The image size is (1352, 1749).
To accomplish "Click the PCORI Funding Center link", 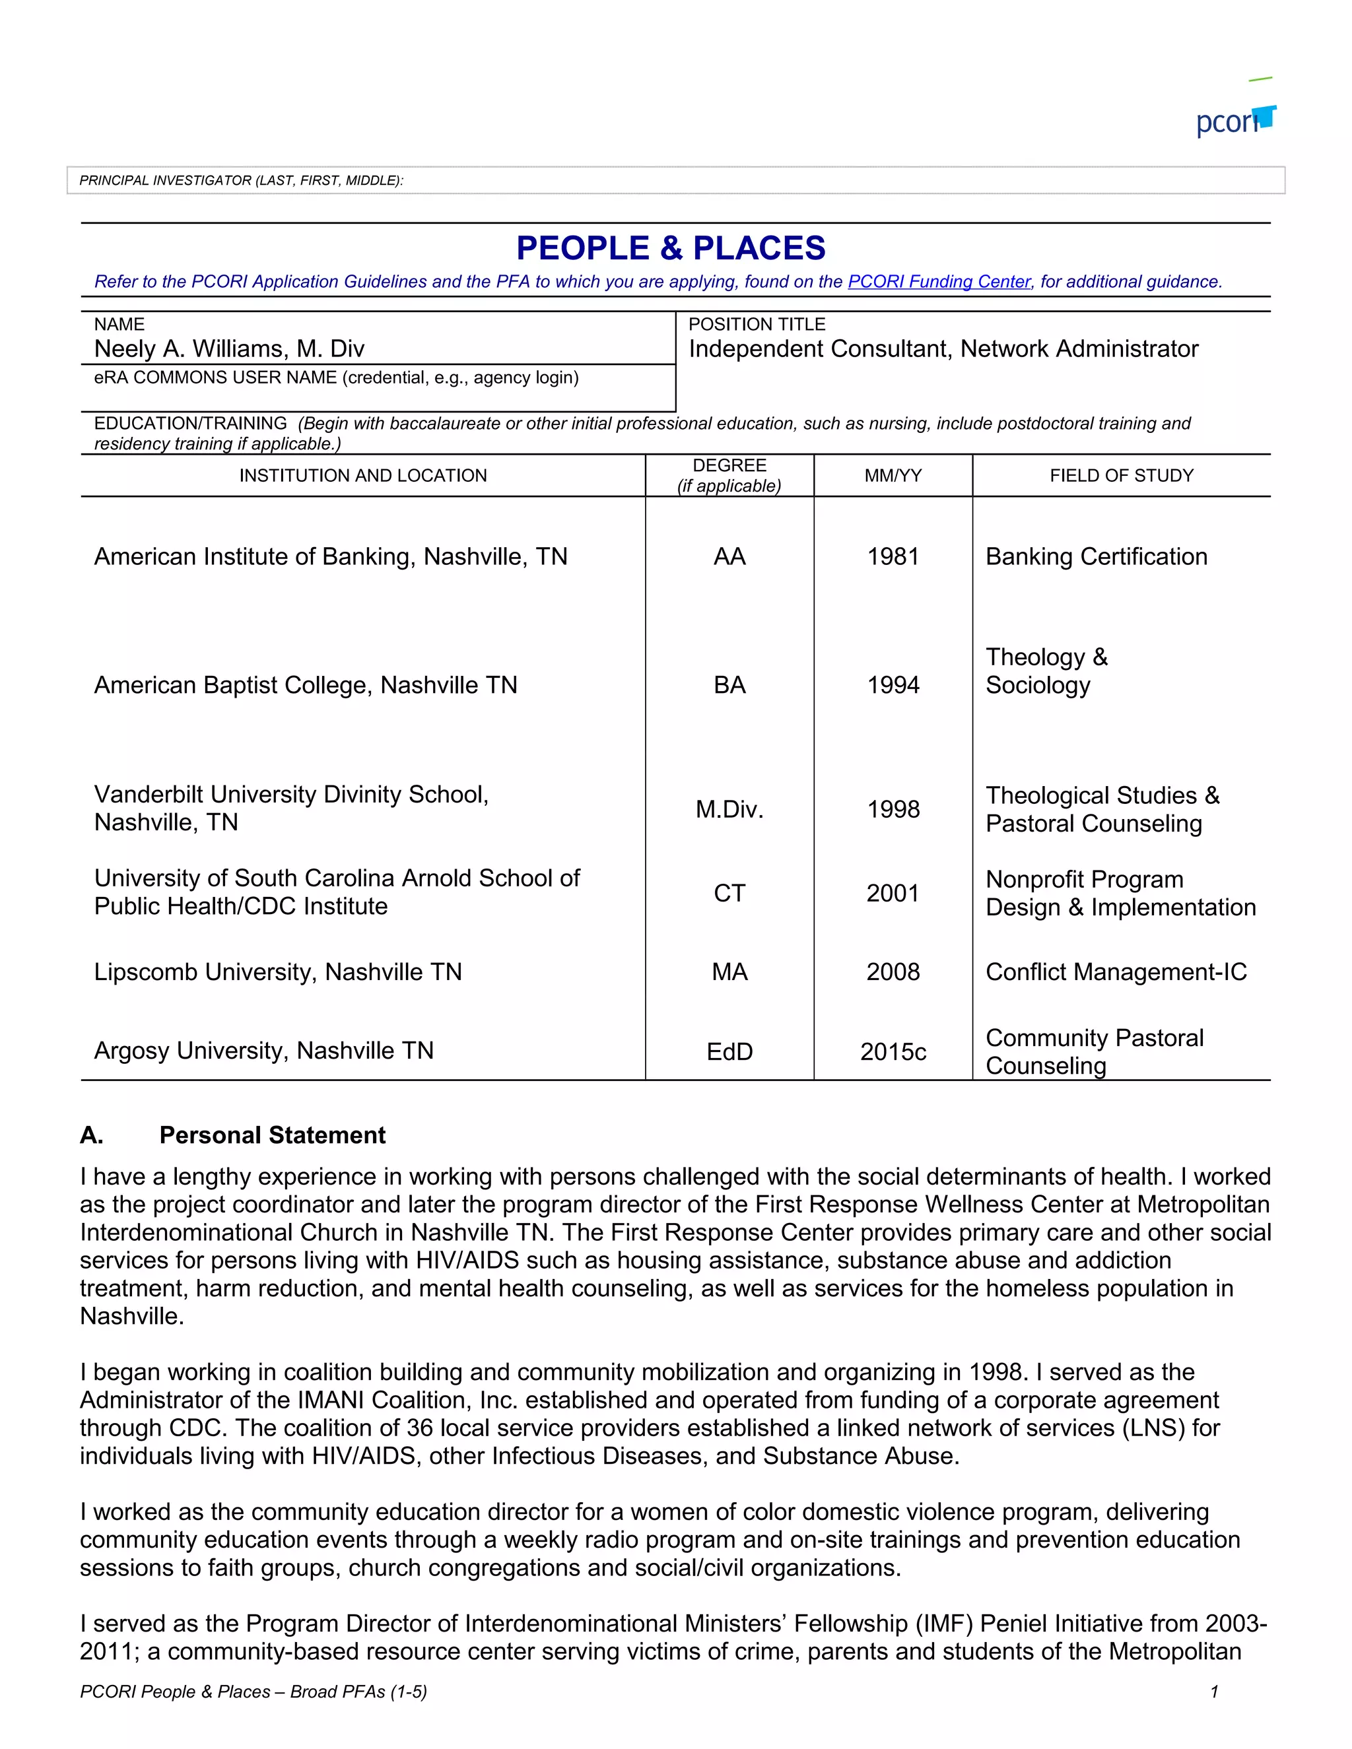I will (x=939, y=282).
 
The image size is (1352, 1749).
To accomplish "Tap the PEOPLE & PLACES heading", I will (x=671, y=248).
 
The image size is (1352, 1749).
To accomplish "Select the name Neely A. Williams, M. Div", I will (x=229, y=349).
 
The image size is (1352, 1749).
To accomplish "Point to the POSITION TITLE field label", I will (x=756, y=324).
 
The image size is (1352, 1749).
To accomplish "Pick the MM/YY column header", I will (x=893, y=476).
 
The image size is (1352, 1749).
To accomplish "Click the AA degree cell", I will (x=729, y=556).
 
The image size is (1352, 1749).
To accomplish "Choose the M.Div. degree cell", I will (x=729, y=809).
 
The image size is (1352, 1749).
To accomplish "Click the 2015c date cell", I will (x=893, y=1051).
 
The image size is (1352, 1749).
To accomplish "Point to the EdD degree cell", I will (x=729, y=1051).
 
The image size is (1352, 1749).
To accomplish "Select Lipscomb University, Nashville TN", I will (x=278, y=972).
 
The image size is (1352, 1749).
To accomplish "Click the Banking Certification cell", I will (x=1096, y=556).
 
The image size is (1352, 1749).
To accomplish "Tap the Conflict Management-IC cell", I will (x=1116, y=972).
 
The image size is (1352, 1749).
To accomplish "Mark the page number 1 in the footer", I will (x=1214, y=1692).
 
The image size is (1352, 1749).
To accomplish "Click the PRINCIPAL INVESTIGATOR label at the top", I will (x=240, y=181).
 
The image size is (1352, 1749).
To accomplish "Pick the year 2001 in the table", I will (x=893, y=893).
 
